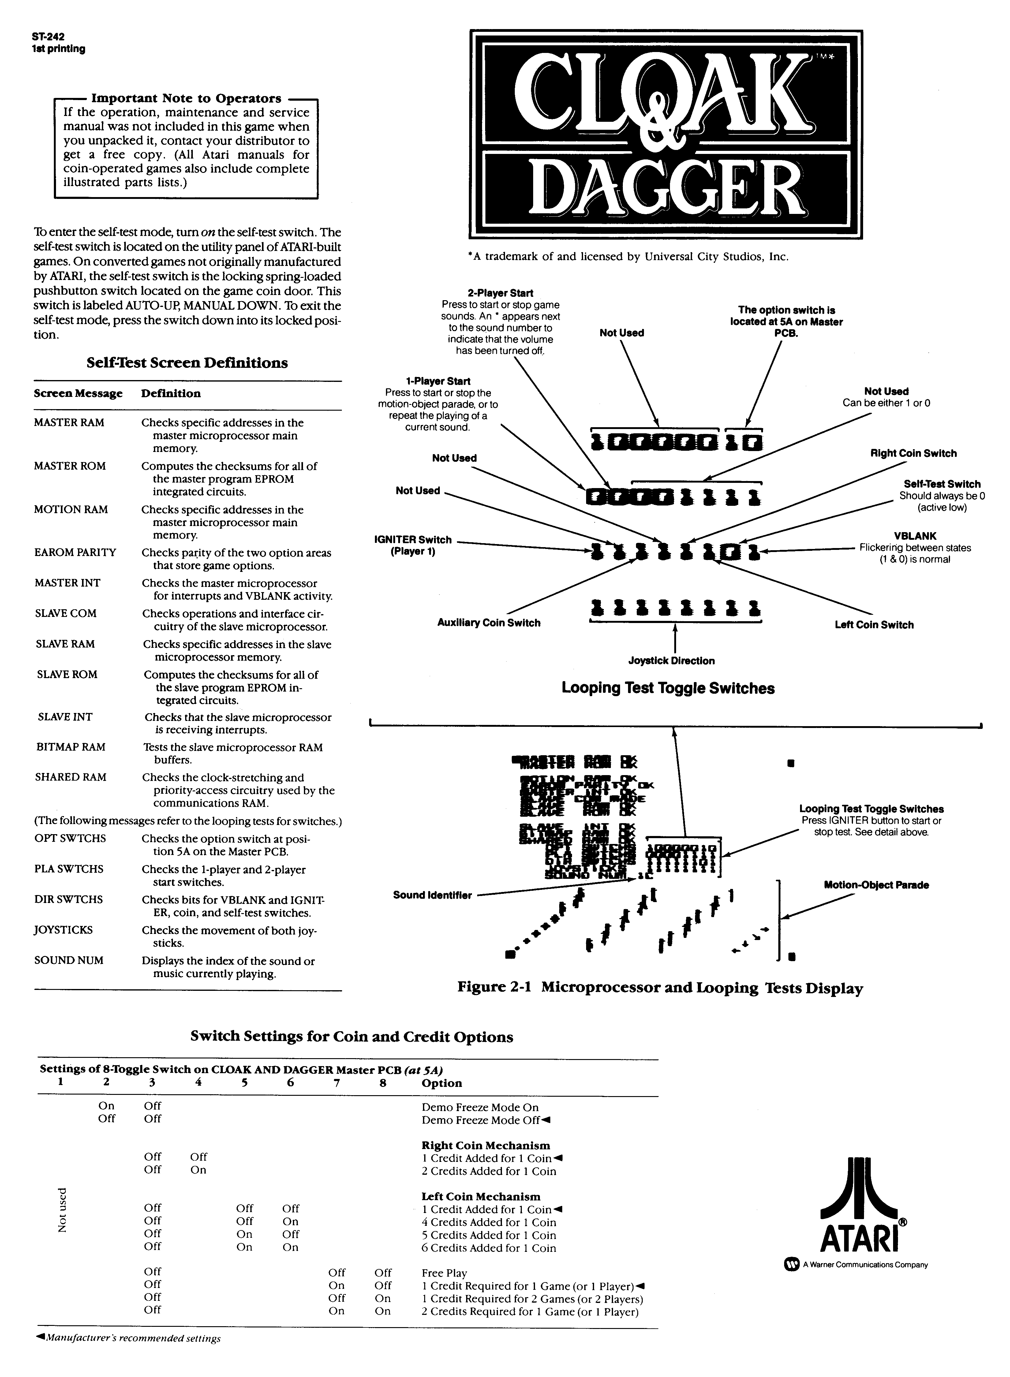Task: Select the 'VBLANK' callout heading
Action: (x=915, y=536)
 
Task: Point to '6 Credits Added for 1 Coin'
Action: (x=488, y=1248)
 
